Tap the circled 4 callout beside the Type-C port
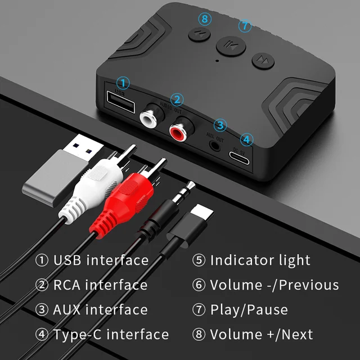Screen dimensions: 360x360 pos(246,139)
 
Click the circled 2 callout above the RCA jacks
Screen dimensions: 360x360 pos(177,100)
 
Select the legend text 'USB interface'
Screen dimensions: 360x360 pos(101,260)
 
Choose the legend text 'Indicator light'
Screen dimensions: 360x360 pos(260,260)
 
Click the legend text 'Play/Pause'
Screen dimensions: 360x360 pos(249,310)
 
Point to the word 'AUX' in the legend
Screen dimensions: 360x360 pos(67,310)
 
